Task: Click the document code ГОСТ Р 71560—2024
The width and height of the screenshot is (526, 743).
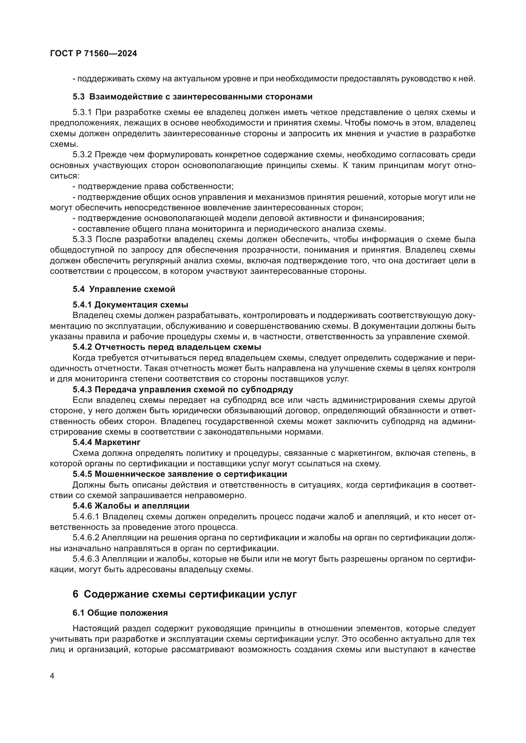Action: click(93, 54)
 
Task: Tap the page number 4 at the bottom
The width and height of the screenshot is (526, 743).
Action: click(52, 676)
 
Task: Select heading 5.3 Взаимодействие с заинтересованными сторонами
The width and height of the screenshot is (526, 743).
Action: click(192, 97)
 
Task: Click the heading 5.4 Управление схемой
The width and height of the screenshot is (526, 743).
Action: click(124, 289)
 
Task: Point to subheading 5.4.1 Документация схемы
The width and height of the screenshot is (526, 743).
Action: click(130, 305)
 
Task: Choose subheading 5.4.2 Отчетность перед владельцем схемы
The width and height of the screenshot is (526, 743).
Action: click(167, 347)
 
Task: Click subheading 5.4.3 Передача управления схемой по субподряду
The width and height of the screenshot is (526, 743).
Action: click(183, 390)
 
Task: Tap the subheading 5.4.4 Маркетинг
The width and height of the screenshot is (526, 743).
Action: click(106, 442)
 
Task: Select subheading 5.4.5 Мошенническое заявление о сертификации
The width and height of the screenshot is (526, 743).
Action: click(180, 474)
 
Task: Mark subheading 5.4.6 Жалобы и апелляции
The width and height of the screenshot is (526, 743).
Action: click(131, 506)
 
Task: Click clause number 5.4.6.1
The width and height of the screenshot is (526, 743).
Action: click(86, 517)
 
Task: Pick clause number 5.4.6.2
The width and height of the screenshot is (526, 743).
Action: click(86, 538)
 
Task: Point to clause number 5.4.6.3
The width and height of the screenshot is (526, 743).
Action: click(86, 559)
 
